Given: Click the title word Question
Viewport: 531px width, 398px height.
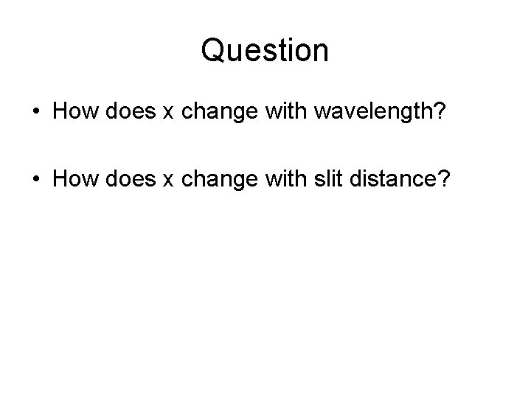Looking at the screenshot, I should [265, 51].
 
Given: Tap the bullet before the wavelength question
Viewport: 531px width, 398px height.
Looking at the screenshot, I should [36, 112].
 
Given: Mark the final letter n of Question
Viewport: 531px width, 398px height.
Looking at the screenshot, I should [321, 52].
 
